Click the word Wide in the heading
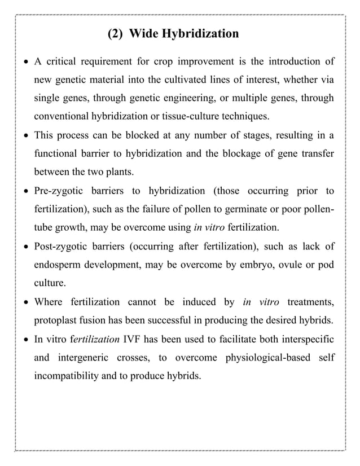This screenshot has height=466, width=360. tap(144, 34)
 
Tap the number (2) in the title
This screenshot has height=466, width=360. tap(116, 34)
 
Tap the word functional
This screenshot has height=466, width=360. tap(58, 154)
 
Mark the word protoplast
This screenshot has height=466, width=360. tap(56, 320)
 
